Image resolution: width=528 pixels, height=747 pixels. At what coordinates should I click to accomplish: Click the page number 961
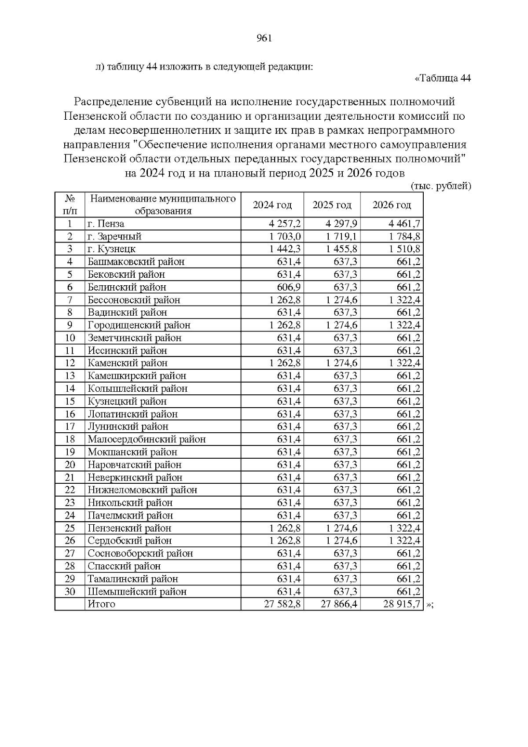click(x=264, y=38)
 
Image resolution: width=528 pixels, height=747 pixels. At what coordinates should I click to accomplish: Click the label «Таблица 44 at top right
click(x=443, y=78)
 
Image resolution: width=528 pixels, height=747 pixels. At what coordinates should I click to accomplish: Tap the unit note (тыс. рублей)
click(x=441, y=186)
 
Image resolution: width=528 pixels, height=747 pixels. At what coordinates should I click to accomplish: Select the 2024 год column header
click(x=272, y=205)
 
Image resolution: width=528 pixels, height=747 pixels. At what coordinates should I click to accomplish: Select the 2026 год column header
click(x=392, y=205)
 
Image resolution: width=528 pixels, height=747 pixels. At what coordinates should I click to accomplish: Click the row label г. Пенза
click(x=106, y=224)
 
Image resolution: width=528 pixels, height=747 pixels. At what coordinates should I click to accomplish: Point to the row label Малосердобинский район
click(x=147, y=439)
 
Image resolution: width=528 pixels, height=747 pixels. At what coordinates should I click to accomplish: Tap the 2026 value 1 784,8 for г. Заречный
click(x=404, y=236)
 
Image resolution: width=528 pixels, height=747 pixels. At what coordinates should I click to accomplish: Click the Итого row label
click(x=102, y=604)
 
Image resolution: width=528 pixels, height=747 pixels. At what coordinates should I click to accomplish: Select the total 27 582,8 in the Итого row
click(x=282, y=604)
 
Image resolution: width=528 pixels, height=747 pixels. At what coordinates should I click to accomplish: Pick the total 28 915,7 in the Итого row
click(x=402, y=604)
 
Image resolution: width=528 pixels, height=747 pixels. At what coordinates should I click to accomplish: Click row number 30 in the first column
click(x=70, y=592)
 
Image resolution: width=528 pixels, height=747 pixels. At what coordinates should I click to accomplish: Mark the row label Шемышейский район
click(x=137, y=592)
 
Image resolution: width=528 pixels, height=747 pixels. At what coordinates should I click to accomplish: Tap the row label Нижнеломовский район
click(x=142, y=490)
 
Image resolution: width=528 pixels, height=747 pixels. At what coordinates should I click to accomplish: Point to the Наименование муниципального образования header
click(x=163, y=205)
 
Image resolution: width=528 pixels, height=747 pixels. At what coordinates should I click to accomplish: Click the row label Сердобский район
click(x=129, y=541)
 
